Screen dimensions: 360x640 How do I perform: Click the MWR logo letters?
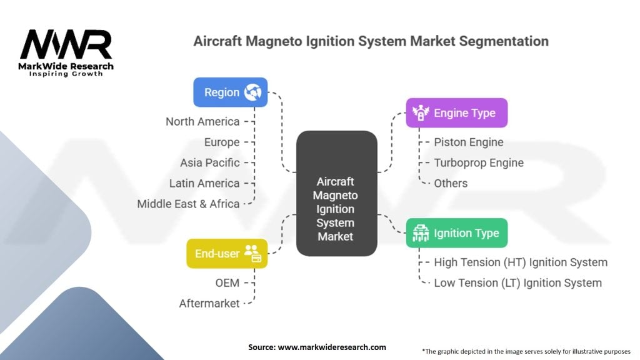click(66, 44)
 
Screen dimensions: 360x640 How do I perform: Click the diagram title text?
click(371, 41)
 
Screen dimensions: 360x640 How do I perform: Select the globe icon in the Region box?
click(253, 92)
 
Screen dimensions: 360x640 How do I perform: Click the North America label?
click(202, 121)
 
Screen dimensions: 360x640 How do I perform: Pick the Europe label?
click(222, 142)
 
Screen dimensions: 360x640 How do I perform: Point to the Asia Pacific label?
click(210, 162)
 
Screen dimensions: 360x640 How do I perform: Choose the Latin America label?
click(204, 183)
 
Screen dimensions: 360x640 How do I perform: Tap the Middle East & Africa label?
click(189, 204)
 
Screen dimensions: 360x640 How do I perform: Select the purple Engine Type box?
click(456, 113)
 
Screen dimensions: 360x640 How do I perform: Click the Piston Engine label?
click(469, 142)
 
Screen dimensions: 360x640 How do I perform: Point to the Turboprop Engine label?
click(479, 162)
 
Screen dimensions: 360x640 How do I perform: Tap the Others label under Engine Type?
click(451, 183)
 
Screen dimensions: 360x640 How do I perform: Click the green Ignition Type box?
click(456, 233)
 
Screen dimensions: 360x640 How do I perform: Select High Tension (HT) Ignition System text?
click(521, 262)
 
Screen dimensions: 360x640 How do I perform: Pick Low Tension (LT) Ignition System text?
click(517, 282)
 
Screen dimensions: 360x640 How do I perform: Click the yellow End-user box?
click(227, 253)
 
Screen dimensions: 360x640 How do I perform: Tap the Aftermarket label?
click(209, 303)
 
